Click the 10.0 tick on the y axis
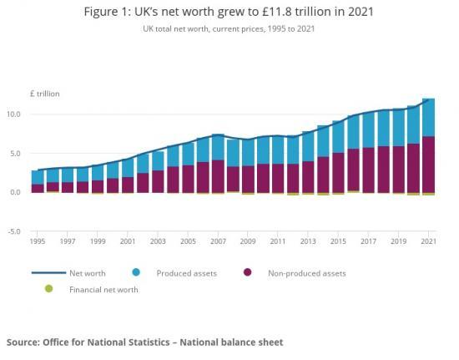13,114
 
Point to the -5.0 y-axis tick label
13,231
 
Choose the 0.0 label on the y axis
15,192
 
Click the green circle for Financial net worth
49,289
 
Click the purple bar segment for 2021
428,164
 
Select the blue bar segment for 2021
428,118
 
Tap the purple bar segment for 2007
218,176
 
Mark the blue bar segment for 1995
38,177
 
